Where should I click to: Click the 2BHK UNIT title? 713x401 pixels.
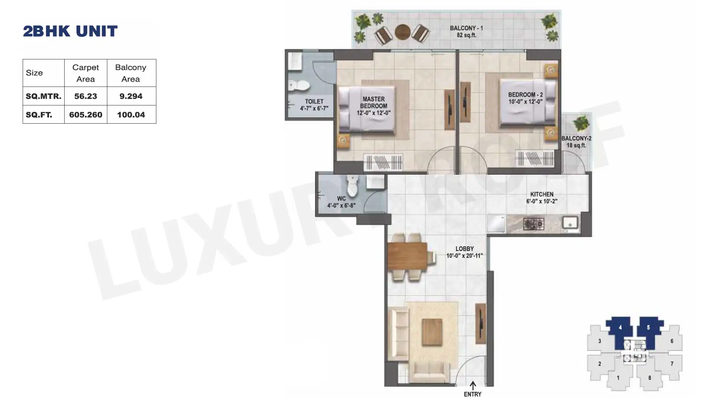pos(70,31)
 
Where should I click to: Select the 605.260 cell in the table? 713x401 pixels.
pos(86,115)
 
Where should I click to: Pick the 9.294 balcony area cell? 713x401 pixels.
pos(131,96)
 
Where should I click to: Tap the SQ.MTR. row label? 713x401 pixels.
pos(43,96)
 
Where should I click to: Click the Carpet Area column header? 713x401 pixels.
pos(86,73)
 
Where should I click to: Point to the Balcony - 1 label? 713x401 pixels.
pos(466,32)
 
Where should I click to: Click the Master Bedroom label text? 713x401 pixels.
pos(374,106)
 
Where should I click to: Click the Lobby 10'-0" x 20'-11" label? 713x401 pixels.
pos(465,252)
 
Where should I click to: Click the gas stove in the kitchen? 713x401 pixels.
pos(534,224)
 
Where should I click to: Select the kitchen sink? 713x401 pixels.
pos(570,223)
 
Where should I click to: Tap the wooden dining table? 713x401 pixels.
pos(407,256)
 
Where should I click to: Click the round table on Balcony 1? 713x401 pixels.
pos(403,32)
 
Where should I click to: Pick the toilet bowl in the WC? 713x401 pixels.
pos(352,186)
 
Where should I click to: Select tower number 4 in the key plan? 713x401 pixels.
pos(620,327)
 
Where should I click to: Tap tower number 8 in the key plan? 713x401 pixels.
pos(649,378)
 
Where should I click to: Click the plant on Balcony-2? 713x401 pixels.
pos(580,124)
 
